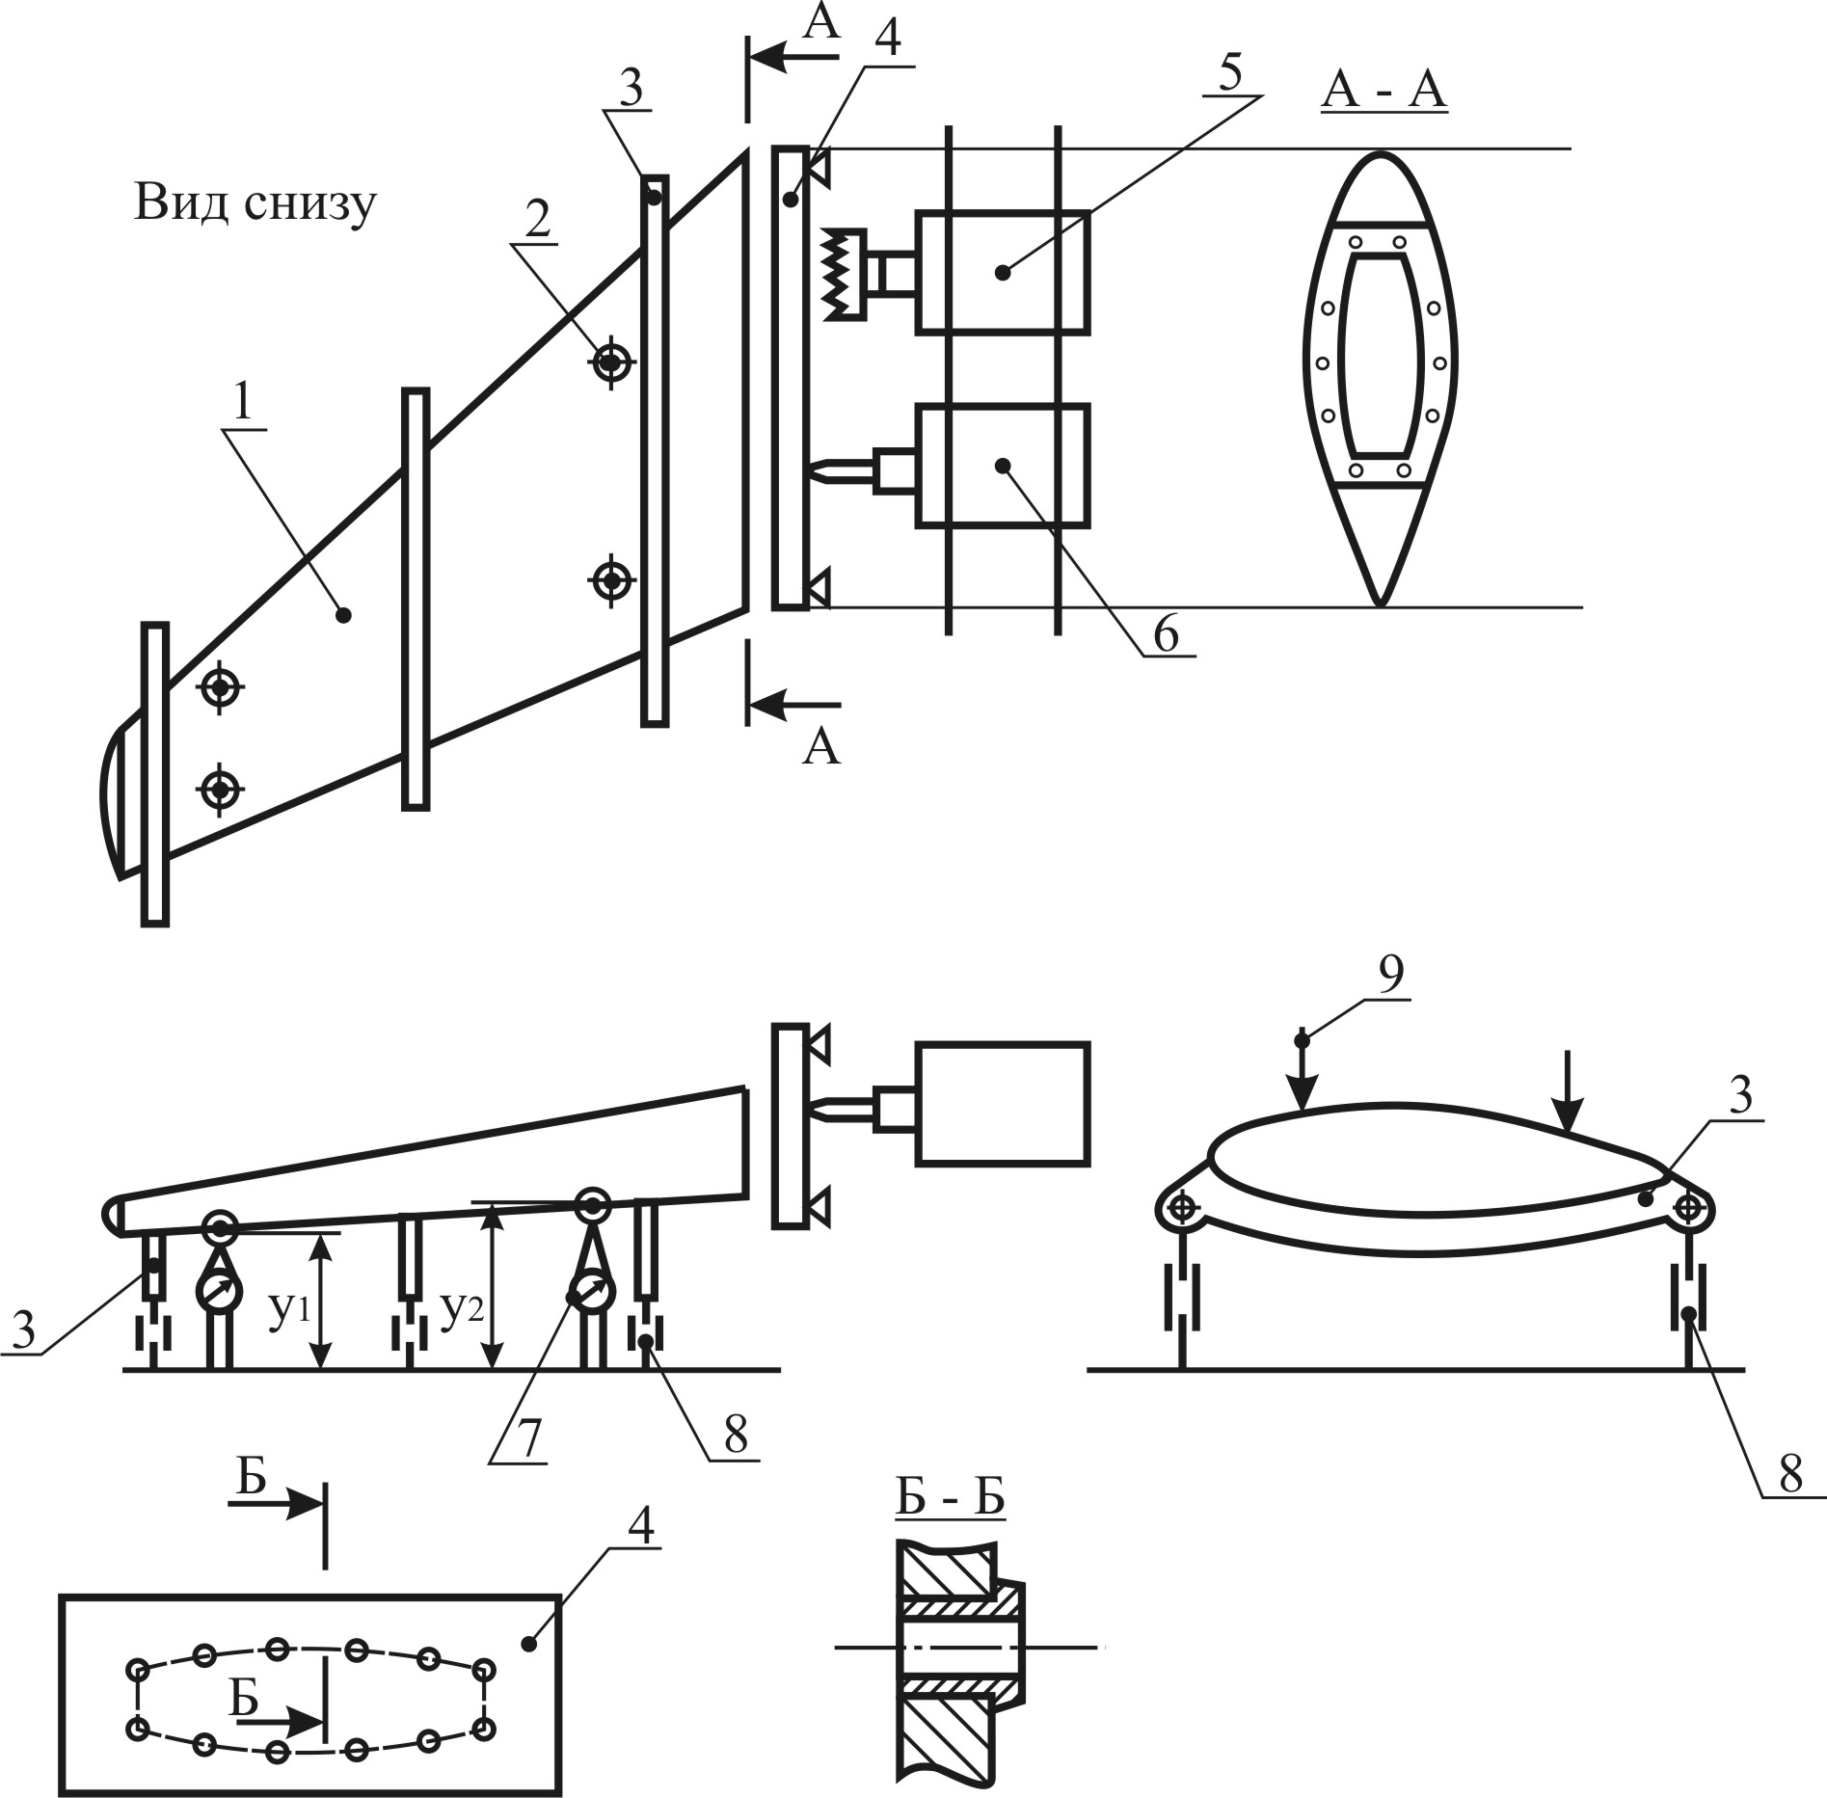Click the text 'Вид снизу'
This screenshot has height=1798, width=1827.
coord(255,205)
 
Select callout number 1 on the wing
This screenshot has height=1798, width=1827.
coord(242,403)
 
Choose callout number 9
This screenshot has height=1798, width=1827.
coord(1389,975)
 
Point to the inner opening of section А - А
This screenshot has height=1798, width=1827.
coord(1381,355)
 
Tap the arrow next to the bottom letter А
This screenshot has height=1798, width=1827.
coord(794,706)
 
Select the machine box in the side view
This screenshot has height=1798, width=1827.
coord(1003,1104)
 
